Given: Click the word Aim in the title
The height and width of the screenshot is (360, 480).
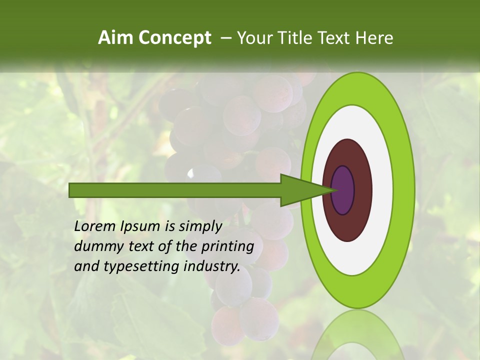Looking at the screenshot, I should click(115, 38).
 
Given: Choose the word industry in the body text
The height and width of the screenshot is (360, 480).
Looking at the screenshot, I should click(212, 266).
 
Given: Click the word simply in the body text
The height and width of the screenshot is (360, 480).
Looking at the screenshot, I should click(200, 227).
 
